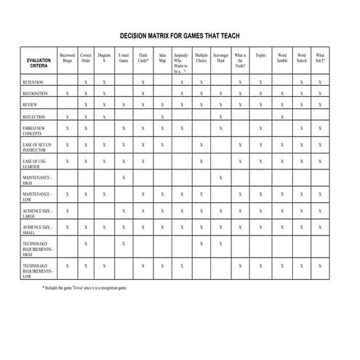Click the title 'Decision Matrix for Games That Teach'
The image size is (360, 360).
coord(179,35)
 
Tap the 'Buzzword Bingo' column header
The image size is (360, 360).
coord(68,58)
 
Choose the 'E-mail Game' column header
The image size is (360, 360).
coord(124,58)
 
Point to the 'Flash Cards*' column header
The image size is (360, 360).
coord(143,58)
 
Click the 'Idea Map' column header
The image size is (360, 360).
coord(162,58)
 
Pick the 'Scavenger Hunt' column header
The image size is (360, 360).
coord(220,58)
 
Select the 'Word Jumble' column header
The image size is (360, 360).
coord(281,58)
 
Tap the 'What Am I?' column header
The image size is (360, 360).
coord(320,58)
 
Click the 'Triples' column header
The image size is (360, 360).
coord(260,55)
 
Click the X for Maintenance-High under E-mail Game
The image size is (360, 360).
coord(124,177)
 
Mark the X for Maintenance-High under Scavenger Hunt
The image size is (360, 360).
coord(220,177)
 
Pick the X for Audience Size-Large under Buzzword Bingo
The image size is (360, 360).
coord(68,210)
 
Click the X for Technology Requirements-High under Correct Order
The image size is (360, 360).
coord(86,244)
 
